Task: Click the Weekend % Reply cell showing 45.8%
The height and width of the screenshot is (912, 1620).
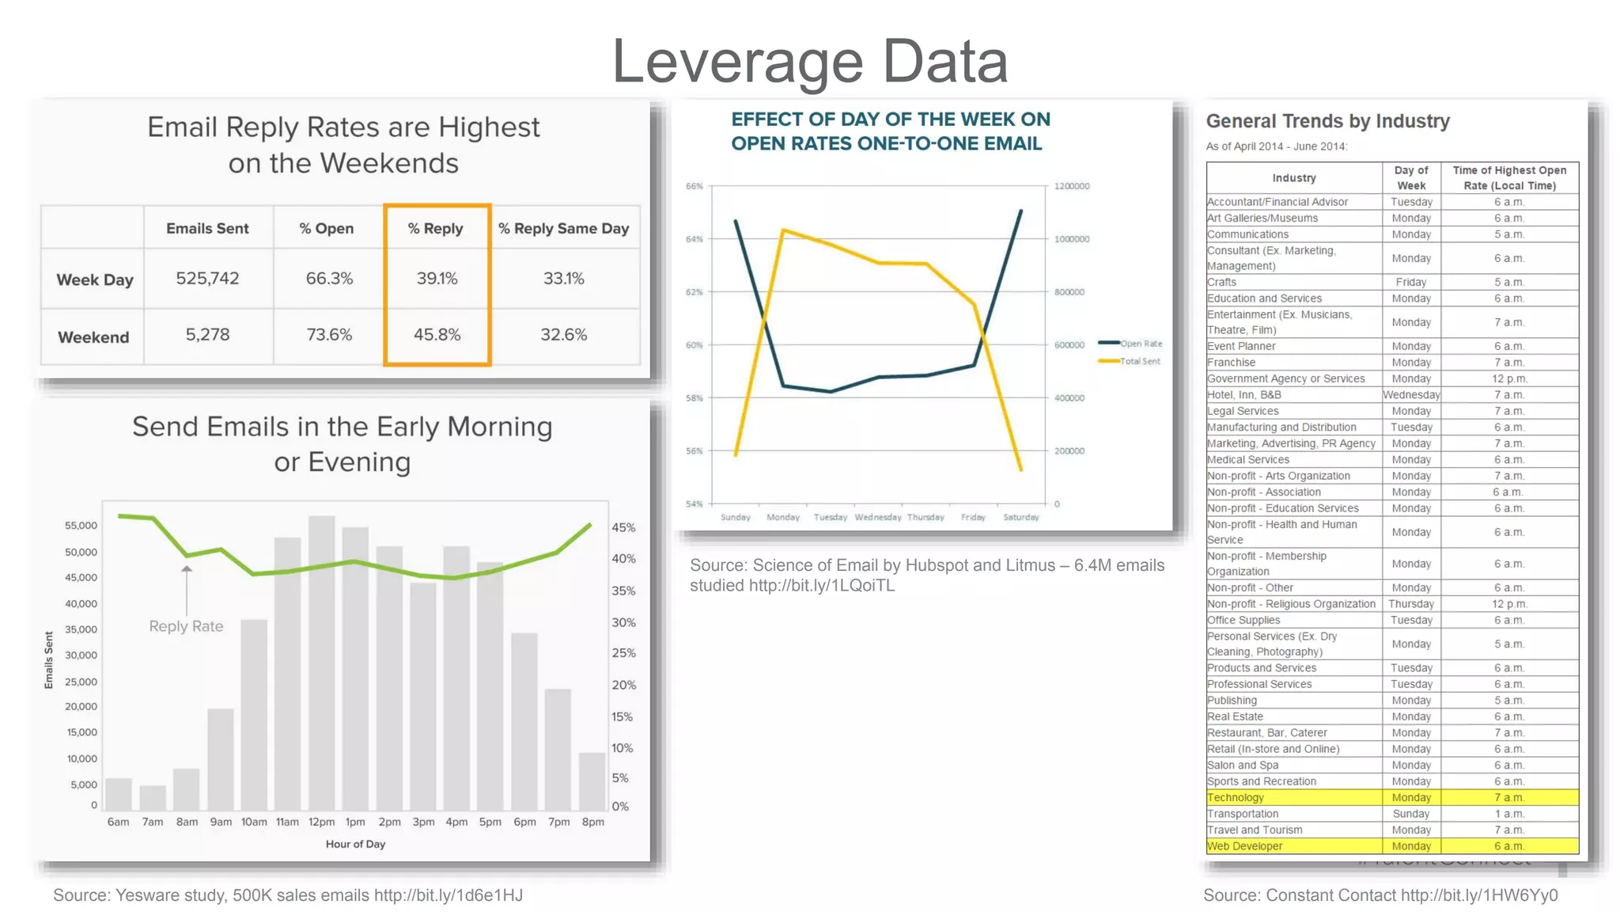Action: click(x=437, y=335)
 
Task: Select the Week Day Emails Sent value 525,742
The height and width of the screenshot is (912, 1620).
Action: click(x=207, y=279)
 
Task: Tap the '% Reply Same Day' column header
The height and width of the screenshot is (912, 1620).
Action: click(x=563, y=229)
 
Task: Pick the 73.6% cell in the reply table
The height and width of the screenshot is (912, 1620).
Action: click(x=329, y=335)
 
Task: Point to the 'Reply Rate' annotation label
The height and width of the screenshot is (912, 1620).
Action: click(x=186, y=626)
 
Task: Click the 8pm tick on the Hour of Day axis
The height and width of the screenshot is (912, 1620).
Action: click(x=592, y=823)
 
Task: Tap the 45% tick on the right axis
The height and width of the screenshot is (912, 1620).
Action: click(x=623, y=527)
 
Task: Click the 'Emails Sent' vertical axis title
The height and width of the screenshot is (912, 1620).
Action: click(x=49, y=659)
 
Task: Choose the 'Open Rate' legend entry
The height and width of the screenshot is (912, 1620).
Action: click(x=1131, y=344)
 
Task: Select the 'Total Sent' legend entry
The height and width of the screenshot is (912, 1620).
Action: click(x=1131, y=361)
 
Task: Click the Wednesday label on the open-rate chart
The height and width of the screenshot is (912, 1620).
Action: click(x=877, y=517)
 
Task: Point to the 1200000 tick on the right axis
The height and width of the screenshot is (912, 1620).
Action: click(x=1071, y=186)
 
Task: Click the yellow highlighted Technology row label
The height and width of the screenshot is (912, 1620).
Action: click(x=1236, y=798)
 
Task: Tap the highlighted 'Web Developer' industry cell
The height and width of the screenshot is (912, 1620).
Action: click(x=1245, y=846)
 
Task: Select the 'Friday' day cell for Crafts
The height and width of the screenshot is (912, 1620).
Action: click(x=1410, y=283)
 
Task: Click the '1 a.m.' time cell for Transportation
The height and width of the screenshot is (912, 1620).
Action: click(x=1508, y=814)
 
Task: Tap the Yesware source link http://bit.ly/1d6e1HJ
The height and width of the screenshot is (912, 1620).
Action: click(x=449, y=895)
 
